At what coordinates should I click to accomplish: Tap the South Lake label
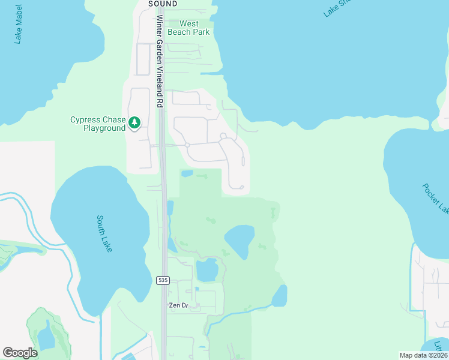pos(104,233)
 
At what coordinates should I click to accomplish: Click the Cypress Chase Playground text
pos(97,124)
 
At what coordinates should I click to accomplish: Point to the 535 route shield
pos(162,280)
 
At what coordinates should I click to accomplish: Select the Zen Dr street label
pos(179,305)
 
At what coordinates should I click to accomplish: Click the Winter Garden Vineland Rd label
pos(160,60)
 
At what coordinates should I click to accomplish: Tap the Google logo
pos(20,353)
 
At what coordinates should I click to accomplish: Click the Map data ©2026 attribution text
pos(423,355)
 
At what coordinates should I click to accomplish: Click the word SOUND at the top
pos(163,4)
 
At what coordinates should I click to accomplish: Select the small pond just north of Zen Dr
pos(206,270)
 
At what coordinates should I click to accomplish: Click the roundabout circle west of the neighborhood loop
pos(187,145)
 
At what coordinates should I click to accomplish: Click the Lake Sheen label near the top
pos(336,7)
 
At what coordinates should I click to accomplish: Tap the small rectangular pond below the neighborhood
pos(187,174)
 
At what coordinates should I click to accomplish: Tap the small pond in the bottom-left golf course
pos(46,338)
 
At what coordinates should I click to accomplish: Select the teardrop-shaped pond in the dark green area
pos(240,240)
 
